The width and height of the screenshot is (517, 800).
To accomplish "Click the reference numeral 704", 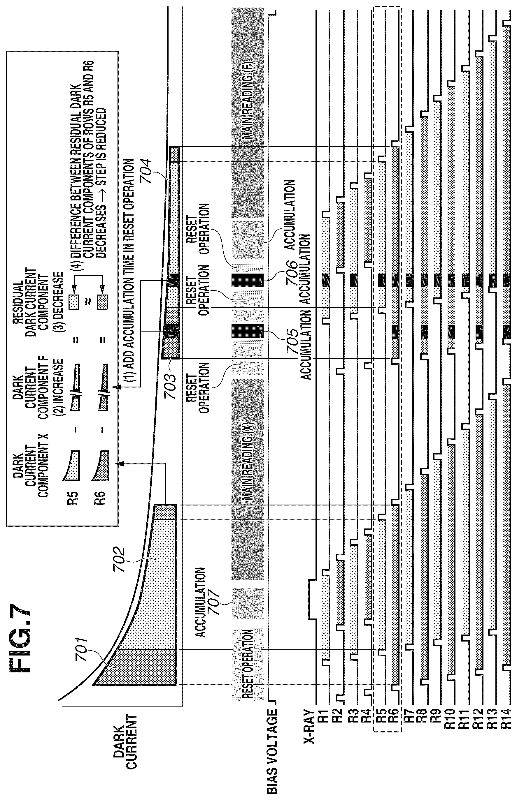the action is point(146,171).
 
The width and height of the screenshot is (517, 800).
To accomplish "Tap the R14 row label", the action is point(506,719).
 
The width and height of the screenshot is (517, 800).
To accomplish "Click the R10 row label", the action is point(450,719).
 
